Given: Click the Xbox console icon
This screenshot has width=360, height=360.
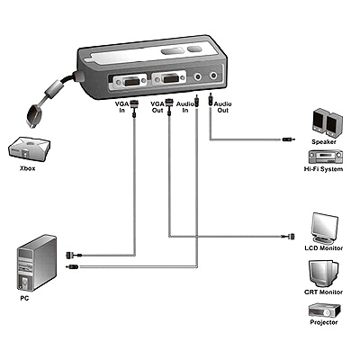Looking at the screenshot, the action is coord(29,148).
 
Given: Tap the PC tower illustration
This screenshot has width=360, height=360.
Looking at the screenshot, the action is coord(37,263).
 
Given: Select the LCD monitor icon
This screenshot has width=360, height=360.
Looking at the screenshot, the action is coord(325,228).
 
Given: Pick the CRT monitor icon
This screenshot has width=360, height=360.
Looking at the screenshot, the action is coord(323,274).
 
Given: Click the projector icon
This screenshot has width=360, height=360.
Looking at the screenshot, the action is coord(324,310).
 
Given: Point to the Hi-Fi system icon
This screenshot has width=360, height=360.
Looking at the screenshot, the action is coord(326,157).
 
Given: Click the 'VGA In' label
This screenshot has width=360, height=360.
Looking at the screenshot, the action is coord(122,107).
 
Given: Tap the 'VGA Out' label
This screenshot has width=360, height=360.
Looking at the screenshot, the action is coord(157,107).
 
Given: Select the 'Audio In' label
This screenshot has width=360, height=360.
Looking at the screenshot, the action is coord(185,107).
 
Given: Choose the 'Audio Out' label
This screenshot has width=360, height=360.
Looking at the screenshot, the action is coord(222,107).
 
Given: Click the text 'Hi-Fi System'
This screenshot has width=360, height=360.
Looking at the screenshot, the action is coord(323,169).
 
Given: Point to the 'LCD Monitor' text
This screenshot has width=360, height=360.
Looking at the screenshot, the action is coord(323,248).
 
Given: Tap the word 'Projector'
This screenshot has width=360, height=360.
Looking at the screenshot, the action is coord(324,322).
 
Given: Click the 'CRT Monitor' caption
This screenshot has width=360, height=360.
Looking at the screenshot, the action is coord(323,292).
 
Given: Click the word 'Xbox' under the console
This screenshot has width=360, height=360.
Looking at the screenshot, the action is coord(28,168).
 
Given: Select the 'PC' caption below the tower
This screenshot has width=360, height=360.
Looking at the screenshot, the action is coord(24,299).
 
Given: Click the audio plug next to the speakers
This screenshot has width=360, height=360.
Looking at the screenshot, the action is coord(289,139).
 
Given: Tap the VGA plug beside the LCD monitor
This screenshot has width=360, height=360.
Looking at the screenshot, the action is coord(288,237).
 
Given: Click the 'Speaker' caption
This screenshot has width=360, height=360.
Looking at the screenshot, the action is coord(324,142).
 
